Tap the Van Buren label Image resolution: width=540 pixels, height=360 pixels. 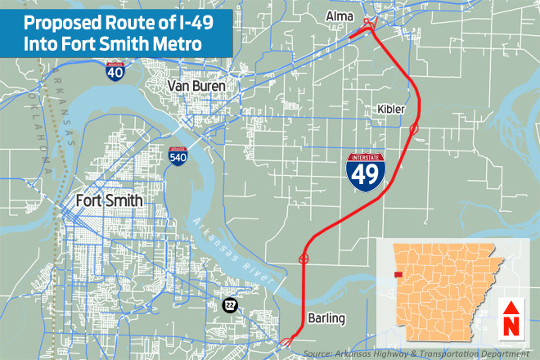pos(196,85)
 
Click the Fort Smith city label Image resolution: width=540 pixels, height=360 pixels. pos(109,200)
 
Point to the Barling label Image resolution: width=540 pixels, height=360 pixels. pos(327,317)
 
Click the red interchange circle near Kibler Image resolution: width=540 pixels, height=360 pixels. pos(415,129)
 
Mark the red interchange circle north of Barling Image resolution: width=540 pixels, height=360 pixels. pos(304,259)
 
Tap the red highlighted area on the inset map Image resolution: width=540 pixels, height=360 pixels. pos(398,276)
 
